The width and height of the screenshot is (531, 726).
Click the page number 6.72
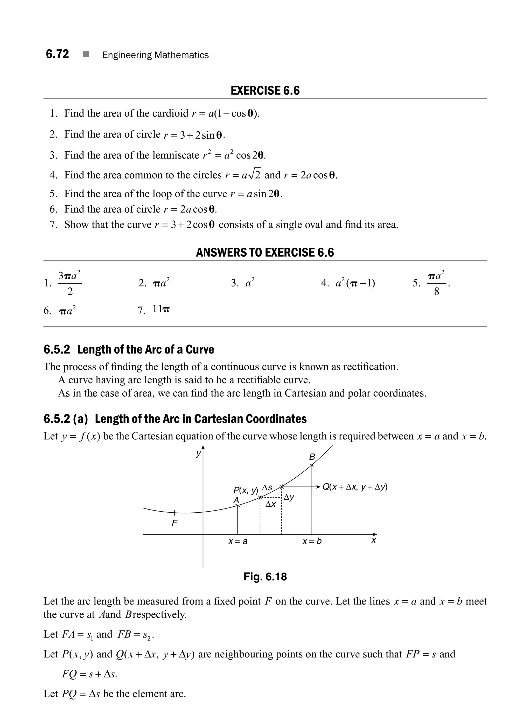click(x=57, y=54)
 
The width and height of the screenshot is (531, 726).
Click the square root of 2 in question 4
click(x=255, y=174)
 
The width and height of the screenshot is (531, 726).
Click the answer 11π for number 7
click(x=161, y=309)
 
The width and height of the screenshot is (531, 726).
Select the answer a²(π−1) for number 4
click(x=355, y=283)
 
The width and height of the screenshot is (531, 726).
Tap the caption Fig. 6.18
click(x=265, y=576)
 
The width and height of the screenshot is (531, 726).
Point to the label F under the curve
click(x=174, y=523)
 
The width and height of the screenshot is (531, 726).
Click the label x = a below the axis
click(x=237, y=541)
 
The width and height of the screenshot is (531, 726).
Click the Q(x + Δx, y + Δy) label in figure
click(x=355, y=487)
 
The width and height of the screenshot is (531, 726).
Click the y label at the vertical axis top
click(x=198, y=454)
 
